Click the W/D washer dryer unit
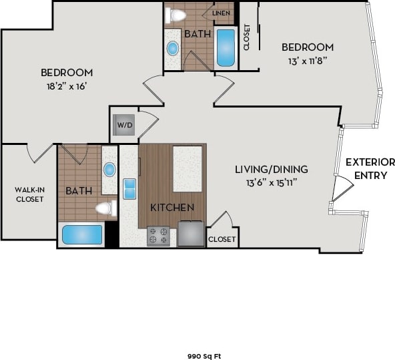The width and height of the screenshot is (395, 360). pyautogui.click(x=125, y=125)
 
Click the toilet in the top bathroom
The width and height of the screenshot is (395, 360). pyautogui.click(x=175, y=15)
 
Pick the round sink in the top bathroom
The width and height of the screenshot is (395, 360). pyautogui.click(x=173, y=48)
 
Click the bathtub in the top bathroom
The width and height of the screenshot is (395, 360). pyautogui.click(x=226, y=47)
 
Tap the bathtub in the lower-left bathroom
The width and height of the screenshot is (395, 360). pyautogui.click(x=82, y=235)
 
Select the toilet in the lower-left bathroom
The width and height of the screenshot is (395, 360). pyautogui.click(x=105, y=208)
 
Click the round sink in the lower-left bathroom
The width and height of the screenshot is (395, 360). pyautogui.click(x=109, y=169)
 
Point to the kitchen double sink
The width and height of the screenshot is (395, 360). pyautogui.click(x=129, y=188)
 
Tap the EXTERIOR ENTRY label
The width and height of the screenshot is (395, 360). pyautogui.click(x=370, y=168)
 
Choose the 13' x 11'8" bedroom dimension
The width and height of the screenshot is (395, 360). pyautogui.click(x=307, y=60)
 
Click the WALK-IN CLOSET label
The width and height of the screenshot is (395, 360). pyautogui.click(x=29, y=194)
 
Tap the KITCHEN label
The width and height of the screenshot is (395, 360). pyautogui.click(x=172, y=208)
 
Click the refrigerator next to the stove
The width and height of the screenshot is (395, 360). pyautogui.click(x=191, y=234)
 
